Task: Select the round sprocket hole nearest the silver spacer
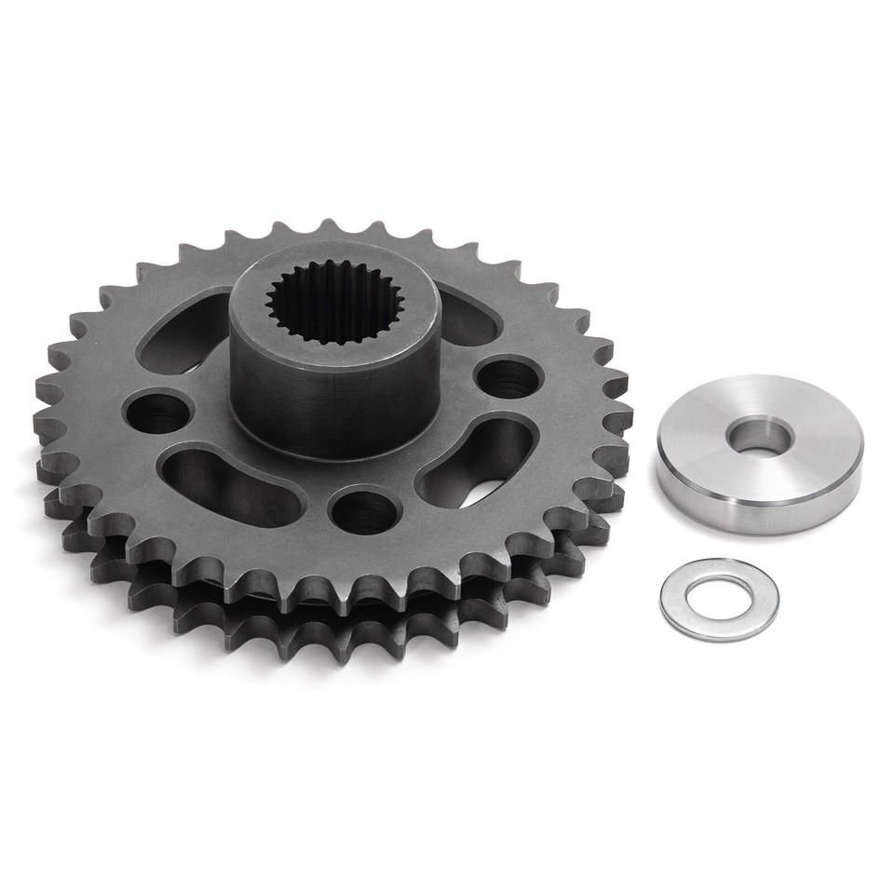508,377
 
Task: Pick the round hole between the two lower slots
366,509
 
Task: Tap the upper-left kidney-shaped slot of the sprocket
183,333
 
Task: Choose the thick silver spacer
759,454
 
